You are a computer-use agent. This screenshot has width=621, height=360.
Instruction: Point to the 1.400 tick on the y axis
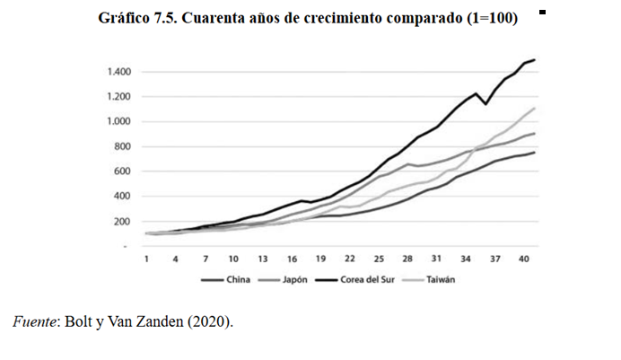[119, 72]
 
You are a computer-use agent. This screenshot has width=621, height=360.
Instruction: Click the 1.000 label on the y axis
[119, 121]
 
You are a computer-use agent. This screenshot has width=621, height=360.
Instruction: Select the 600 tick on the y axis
[124, 171]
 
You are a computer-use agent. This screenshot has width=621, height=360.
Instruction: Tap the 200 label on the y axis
[124, 221]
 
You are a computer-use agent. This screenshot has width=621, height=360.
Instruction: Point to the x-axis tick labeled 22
[350, 259]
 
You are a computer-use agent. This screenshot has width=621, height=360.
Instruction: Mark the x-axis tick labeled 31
[437, 259]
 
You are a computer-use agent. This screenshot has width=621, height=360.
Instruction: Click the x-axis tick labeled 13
[263, 259]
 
